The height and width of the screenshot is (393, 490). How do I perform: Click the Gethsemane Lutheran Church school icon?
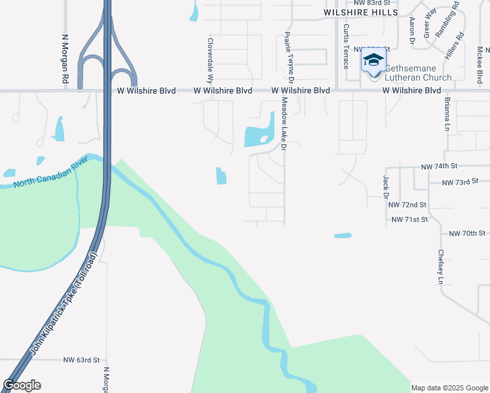point(373,61)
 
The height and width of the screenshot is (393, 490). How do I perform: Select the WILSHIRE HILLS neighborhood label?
point(361,12)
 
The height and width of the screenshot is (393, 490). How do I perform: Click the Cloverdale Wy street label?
point(211,59)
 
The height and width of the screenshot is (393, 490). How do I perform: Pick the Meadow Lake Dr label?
point(284,124)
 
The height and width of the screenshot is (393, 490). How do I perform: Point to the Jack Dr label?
point(386,186)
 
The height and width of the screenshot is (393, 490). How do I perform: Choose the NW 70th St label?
point(467,233)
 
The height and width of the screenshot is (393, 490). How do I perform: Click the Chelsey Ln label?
point(442,267)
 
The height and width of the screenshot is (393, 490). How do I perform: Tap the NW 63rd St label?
point(81,360)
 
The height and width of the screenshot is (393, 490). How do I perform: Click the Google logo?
point(22,385)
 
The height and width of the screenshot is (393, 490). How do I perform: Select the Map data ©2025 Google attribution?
point(449,388)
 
